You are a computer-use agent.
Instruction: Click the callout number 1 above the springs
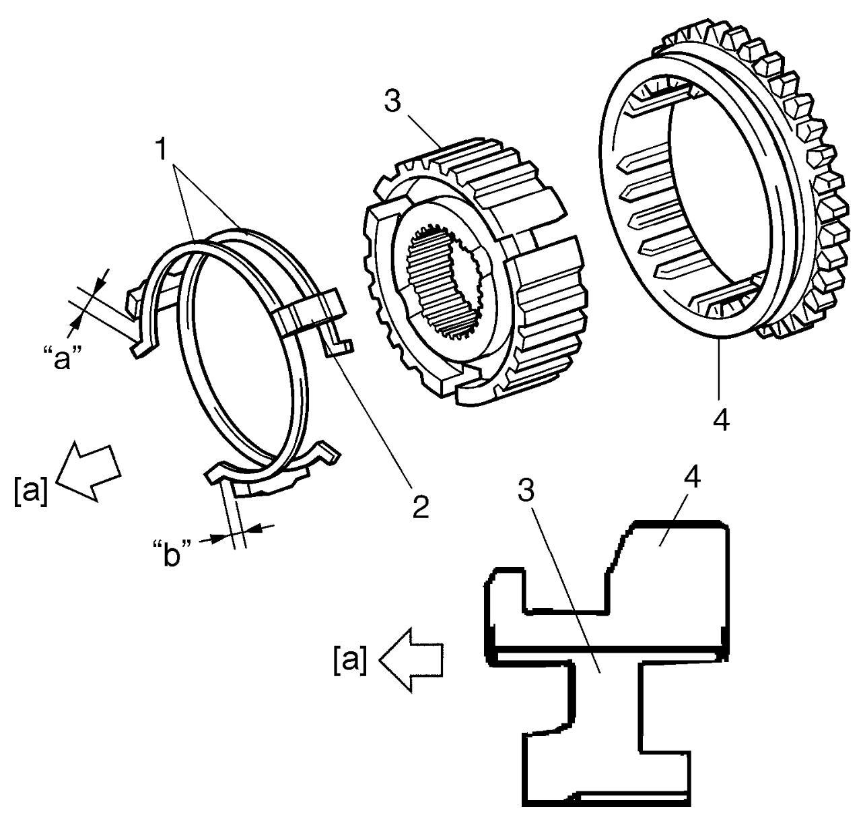click(162, 149)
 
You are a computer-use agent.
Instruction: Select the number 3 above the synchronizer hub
click(392, 102)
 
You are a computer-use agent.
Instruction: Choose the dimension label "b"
click(172, 552)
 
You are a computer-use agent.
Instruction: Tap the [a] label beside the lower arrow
click(349, 660)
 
